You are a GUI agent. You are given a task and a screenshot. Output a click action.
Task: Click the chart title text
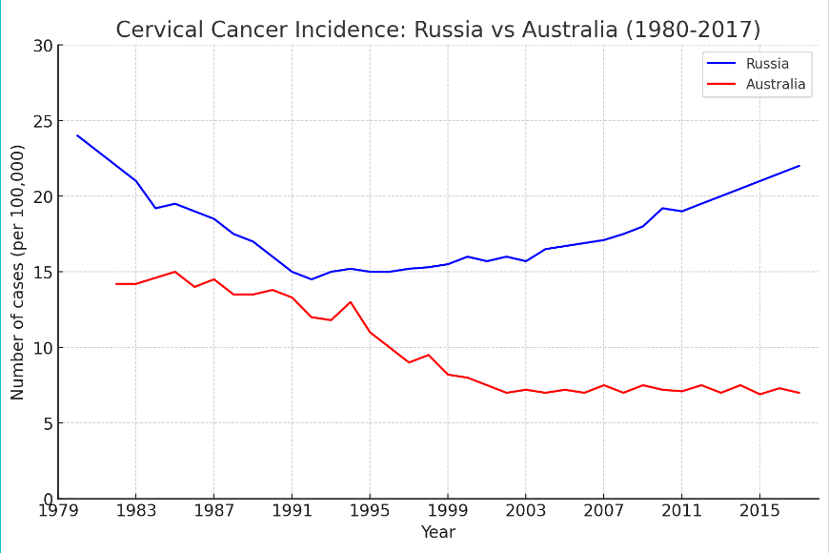437,30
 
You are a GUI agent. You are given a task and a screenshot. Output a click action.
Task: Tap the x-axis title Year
437,532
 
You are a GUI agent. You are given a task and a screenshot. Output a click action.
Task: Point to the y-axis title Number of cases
18,272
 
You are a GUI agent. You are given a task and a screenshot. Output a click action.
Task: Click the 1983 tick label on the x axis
135,511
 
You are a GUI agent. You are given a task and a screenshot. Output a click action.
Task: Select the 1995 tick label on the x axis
370,511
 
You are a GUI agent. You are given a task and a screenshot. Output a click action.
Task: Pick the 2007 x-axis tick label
603,511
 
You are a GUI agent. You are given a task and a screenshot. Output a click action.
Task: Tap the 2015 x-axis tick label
759,511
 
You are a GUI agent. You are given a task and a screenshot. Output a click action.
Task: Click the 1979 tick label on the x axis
57,511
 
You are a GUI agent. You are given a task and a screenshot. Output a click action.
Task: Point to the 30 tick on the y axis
42,46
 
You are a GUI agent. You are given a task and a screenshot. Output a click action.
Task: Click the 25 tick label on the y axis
42,121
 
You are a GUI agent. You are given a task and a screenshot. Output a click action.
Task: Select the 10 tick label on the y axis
42,348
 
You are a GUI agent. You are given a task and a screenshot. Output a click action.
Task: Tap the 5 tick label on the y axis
47,423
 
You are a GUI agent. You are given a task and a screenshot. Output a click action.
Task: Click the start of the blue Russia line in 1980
77,135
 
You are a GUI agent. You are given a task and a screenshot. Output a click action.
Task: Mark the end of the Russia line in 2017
799,166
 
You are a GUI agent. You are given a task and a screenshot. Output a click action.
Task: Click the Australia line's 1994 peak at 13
351,302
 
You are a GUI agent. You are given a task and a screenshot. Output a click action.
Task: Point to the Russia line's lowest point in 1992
312,279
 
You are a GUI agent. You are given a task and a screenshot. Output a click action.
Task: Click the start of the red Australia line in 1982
116,284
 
